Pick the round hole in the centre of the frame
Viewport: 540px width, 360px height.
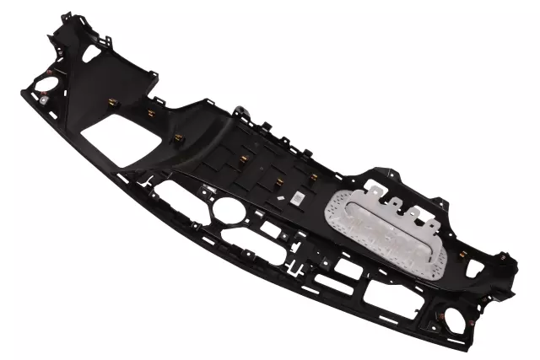point(229,208)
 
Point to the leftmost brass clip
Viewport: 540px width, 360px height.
point(112,102)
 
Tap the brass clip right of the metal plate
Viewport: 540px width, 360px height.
point(463,254)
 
